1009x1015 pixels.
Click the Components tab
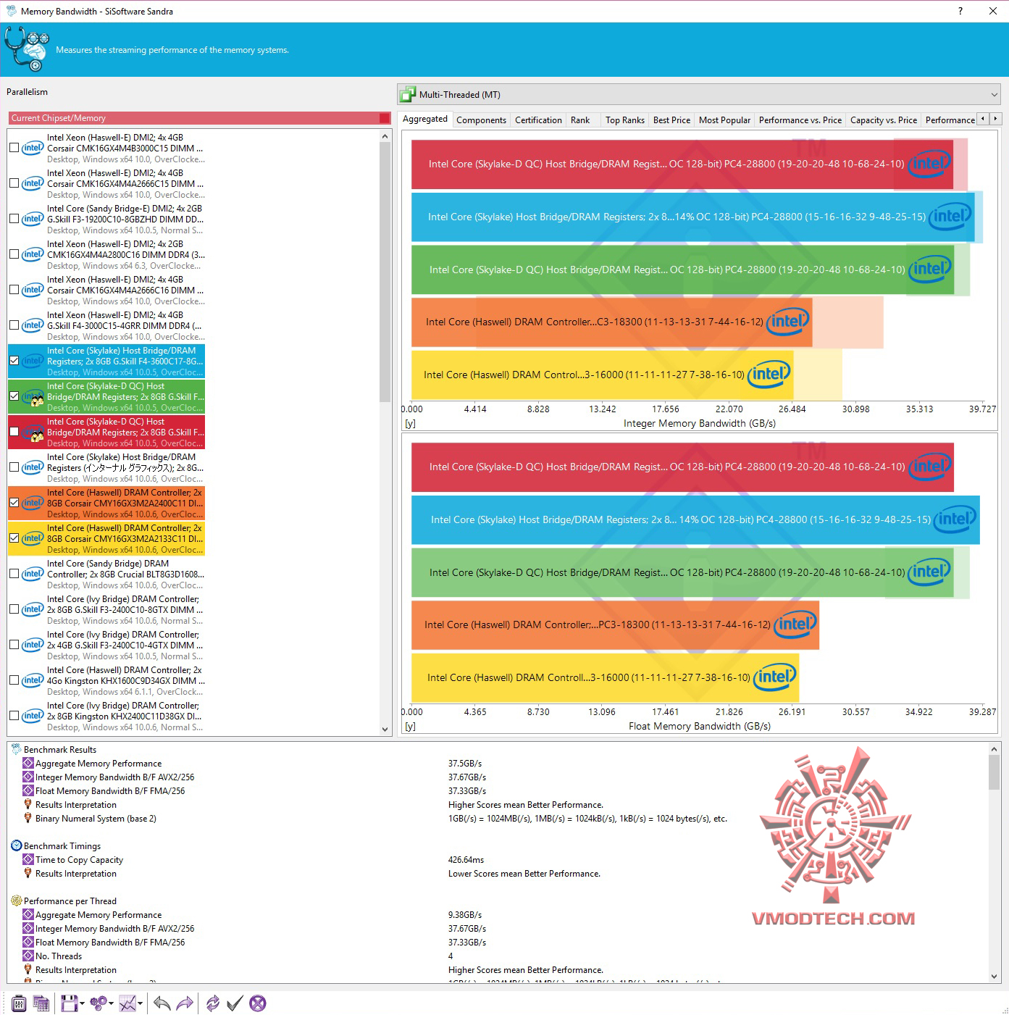(x=481, y=120)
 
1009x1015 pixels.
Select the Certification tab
(x=538, y=120)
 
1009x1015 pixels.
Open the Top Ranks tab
(x=624, y=120)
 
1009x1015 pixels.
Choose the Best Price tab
(x=671, y=120)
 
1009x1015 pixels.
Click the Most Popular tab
(x=724, y=120)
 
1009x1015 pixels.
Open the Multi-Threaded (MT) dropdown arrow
(x=994, y=95)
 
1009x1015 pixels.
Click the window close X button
(x=993, y=11)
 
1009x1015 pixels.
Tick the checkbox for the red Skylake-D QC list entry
(x=14, y=432)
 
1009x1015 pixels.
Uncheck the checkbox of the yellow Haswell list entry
(x=14, y=538)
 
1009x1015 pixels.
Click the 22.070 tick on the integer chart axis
(x=729, y=409)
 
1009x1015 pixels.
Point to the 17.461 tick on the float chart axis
(x=665, y=712)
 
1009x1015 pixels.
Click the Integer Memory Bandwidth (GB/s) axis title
(x=699, y=423)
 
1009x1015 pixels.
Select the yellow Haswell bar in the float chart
(x=605, y=677)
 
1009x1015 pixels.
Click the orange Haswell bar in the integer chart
(x=611, y=322)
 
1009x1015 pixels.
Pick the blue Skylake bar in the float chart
(x=695, y=519)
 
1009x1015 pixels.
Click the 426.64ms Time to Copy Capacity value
(x=466, y=860)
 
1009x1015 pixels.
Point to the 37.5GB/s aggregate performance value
(x=464, y=764)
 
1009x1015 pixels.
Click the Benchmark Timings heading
(x=62, y=846)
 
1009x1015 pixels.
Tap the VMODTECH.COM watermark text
(x=833, y=919)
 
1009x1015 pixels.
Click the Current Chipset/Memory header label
(x=59, y=118)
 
